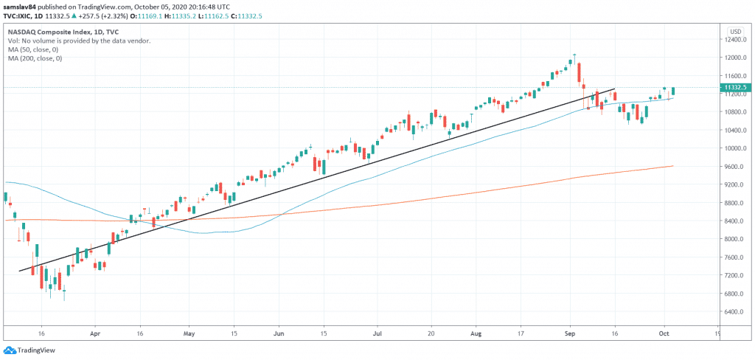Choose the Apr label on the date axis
tap(94, 333)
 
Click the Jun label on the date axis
tap(279, 333)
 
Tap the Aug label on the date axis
tap(474, 333)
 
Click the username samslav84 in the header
tap(21, 6)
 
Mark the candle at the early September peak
tap(574, 59)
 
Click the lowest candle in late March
tap(64, 294)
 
